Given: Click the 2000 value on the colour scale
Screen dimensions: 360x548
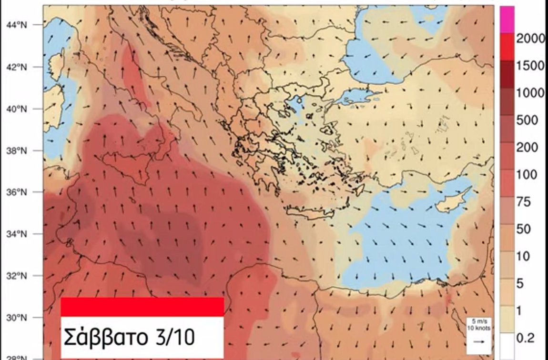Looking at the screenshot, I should pos(530,39).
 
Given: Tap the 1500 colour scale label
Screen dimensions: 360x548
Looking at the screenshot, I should pos(530,66).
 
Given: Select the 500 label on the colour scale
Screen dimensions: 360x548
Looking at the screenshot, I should pos(527,120).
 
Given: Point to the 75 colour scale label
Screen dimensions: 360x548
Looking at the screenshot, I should pos(524,202).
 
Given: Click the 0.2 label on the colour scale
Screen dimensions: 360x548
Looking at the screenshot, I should pos(526,338).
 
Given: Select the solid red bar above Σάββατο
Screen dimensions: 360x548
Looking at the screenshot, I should pos(142,306).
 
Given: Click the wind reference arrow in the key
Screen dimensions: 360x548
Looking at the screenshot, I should pos(478,341).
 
